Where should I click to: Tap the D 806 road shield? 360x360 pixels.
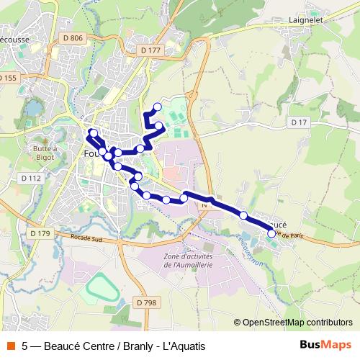click(73, 37)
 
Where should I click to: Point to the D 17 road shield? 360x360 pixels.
click(300, 123)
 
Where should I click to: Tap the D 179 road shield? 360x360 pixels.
click(41, 233)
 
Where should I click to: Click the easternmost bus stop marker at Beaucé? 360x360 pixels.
click(271, 233)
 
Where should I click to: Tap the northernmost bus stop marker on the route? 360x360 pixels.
click(157, 107)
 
